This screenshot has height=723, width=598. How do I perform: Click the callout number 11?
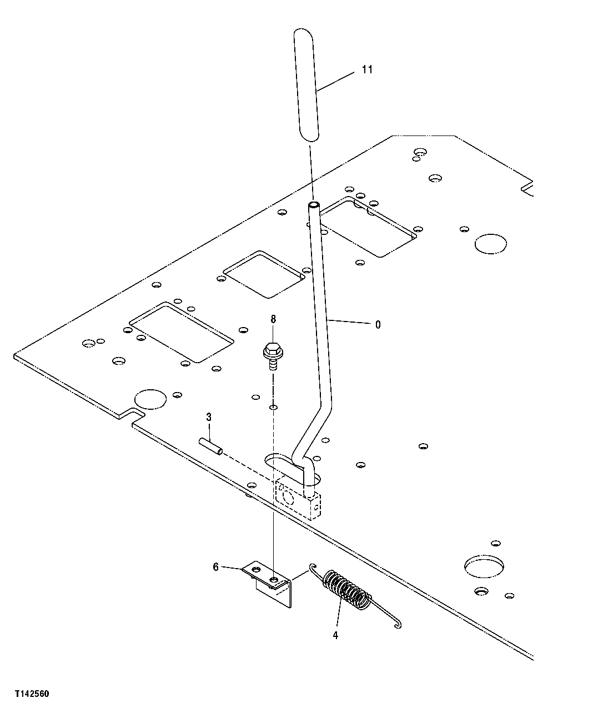(367, 69)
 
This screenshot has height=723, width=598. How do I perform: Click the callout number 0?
(378, 325)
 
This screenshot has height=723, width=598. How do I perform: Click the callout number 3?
(209, 416)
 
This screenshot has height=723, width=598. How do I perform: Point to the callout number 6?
(215, 567)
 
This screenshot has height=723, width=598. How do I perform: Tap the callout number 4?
(335, 635)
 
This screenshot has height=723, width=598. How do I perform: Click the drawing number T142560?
(32, 694)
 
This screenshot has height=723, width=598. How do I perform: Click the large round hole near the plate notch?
(150, 399)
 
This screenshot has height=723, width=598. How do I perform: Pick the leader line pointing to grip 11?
(336, 81)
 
